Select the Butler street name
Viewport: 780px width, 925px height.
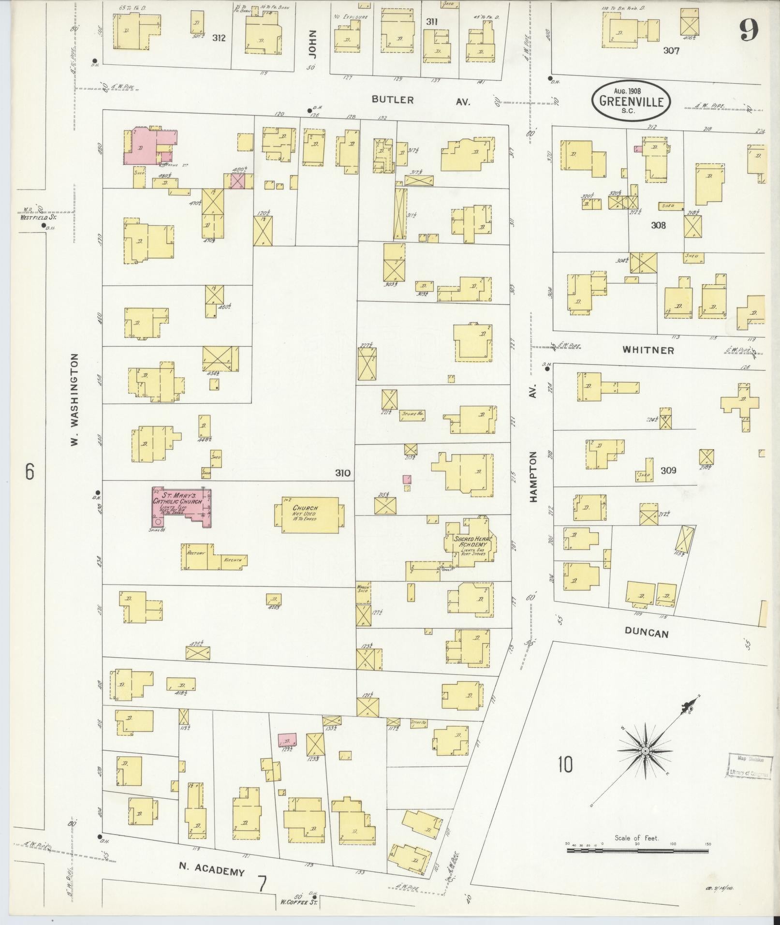coord(393,100)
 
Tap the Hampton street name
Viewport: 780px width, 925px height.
coord(533,476)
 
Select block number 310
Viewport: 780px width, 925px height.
coord(342,472)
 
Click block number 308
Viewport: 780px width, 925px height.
coord(658,225)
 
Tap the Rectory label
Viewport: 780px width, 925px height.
coord(196,552)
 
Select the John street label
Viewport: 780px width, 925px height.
coord(312,45)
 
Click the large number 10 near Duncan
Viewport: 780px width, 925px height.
coord(564,765)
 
